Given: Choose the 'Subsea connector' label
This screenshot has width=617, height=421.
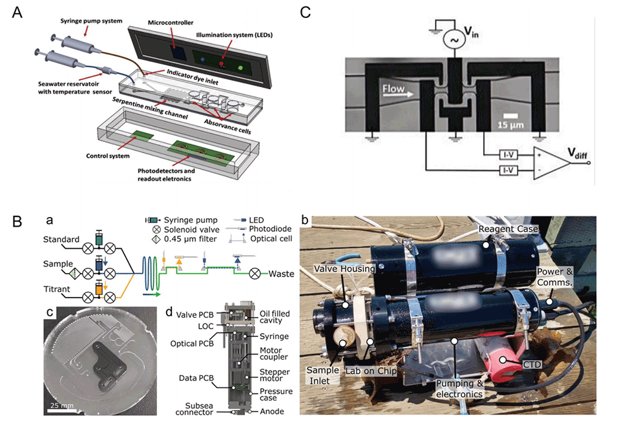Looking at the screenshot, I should point(196,409).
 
